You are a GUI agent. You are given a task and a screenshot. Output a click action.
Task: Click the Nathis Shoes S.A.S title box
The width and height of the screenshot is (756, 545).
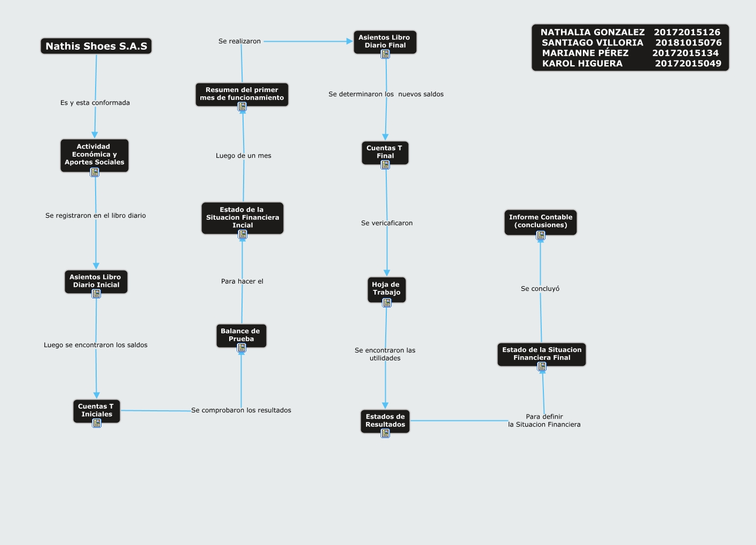[96, 46]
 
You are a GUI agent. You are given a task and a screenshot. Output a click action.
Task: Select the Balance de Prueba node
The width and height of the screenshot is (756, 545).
[241, 335]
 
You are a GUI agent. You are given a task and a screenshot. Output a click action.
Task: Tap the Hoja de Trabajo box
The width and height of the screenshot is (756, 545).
[387, 289]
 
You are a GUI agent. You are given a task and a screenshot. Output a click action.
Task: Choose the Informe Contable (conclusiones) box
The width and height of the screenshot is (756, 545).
[541, 221]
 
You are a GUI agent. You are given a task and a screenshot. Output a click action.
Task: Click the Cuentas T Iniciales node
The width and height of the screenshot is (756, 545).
[97, 411]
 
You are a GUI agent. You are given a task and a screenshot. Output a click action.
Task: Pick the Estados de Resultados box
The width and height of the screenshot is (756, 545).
[385, 421]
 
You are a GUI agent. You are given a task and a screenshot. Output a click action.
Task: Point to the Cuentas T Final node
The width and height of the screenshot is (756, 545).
[385, 153]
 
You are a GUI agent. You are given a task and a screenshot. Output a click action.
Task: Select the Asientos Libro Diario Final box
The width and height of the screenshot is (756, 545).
[385, 42]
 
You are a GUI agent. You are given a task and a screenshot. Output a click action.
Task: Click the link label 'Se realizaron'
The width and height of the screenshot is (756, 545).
[240, 41]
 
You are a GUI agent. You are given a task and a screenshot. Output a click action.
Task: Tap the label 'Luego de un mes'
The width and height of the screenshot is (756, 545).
[243, 156]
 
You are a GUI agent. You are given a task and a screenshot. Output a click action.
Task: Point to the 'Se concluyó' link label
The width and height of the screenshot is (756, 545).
[540, 289]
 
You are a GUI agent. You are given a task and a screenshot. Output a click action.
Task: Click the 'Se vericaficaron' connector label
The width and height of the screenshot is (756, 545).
[387, 223]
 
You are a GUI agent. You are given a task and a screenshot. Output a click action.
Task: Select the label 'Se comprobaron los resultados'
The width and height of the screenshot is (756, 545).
[241, 410]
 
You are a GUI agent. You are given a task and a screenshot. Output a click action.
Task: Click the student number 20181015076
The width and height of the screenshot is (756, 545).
[689, 43]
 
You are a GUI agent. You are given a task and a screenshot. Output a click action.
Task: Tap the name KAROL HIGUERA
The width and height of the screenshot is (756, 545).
[582, 64]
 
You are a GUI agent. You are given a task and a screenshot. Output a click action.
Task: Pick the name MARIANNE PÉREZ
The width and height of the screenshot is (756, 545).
[585, 53]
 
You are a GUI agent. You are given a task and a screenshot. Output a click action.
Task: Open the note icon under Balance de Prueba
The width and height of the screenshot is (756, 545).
[241, 348]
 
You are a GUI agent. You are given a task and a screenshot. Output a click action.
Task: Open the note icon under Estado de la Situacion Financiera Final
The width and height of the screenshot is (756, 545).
[542, 366]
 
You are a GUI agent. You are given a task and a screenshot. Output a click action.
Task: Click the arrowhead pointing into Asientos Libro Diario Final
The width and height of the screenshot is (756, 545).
[349, 41]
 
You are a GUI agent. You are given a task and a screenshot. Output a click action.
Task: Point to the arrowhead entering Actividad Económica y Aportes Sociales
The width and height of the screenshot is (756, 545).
[95, 135]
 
